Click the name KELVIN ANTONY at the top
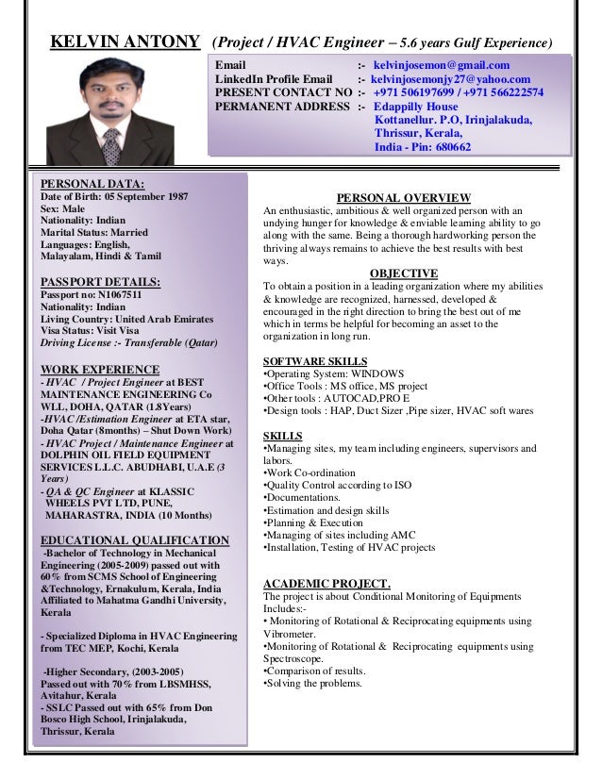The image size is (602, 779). [125, 43]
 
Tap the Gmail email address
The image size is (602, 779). [440, 65]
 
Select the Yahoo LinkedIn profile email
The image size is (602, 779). [450, 79]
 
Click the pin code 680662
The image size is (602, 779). [448, 148]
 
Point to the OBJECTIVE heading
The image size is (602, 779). [397, 273]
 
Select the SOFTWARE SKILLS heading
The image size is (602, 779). [314, 361]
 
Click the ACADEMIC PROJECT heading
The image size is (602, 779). [326, 582]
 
